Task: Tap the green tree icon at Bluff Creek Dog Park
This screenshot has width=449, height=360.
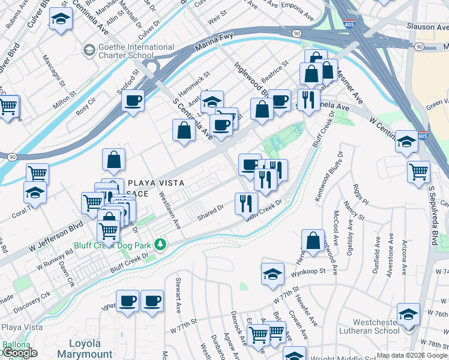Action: pos(160,244)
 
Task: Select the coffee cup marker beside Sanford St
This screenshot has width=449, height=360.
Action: pos(133,100)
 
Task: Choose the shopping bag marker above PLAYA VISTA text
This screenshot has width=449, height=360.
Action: pos(113,160)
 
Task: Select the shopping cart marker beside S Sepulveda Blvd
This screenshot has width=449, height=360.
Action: pos(418,171)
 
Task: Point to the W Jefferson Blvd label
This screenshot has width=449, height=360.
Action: pos(56,236)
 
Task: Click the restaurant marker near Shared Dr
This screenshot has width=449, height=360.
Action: pos(246,203)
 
